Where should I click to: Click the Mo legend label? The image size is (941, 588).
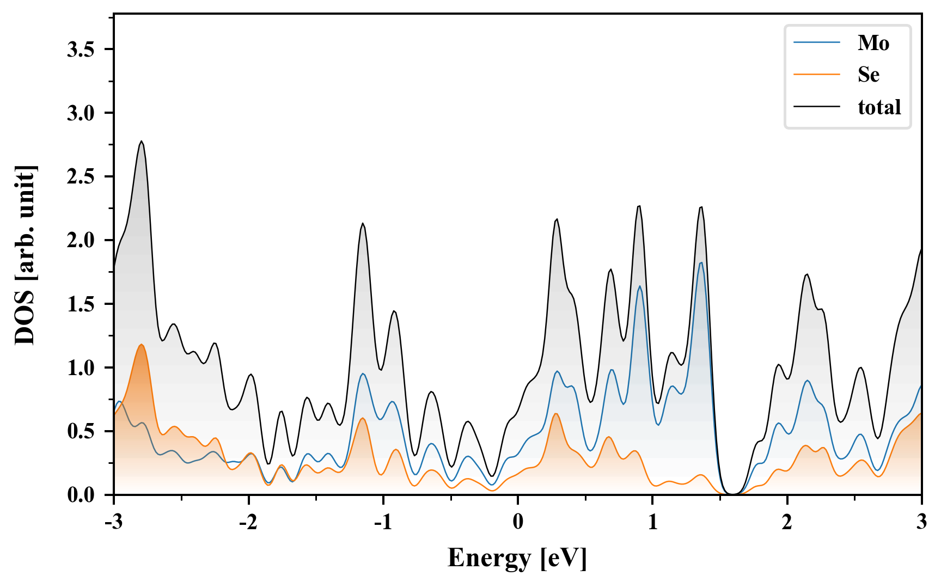click(873, 43)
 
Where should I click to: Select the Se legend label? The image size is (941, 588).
click(868, 75)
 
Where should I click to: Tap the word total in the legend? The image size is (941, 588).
click(879, 107)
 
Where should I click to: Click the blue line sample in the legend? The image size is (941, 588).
click(816, 42)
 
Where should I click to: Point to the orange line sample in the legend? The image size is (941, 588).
click(816, 74)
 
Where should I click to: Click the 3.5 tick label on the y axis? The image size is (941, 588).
click(81, 50)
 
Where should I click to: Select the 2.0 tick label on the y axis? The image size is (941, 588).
click(81, 240)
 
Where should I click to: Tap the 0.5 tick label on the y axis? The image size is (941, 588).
click(81, 431)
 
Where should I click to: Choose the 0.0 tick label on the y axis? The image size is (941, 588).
click(81, 495)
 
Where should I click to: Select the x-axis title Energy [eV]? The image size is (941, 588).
click(517, 558)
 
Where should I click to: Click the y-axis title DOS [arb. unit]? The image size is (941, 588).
click(25, 255)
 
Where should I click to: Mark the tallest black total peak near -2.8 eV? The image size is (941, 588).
click(142, 142)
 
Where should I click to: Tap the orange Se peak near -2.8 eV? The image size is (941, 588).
click(142, 345)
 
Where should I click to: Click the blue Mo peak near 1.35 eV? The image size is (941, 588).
click(701, 263)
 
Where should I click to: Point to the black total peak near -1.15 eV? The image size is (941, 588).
click(363, 224)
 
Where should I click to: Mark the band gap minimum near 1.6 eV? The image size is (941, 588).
click(734, 493)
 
